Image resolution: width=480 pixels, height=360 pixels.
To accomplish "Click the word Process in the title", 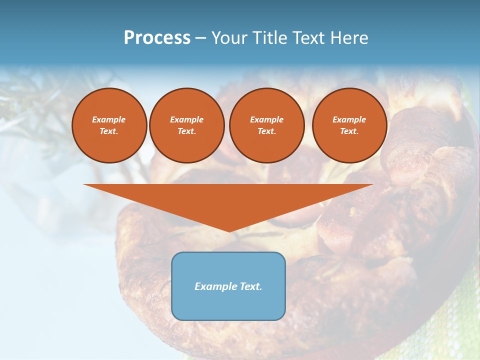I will (157, 38).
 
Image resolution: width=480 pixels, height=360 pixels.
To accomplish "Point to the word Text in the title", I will (310, 38).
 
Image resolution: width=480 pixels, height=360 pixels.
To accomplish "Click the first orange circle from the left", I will (109, 125).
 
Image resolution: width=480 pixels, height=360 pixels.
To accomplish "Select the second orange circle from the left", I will (187, 125).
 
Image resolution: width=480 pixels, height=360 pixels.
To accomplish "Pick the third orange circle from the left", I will (267, 125).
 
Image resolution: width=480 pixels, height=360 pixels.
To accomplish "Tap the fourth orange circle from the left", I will (349, 125).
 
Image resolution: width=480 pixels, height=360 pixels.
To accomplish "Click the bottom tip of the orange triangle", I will (229, 230).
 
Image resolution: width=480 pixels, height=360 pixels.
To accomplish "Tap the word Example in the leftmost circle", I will (109, 119).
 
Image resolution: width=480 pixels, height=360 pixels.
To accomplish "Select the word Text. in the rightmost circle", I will (349, 131).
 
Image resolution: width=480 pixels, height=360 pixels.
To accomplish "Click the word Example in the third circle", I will (267, 119).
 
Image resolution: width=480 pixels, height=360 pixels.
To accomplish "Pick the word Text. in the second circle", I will (187, 131).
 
